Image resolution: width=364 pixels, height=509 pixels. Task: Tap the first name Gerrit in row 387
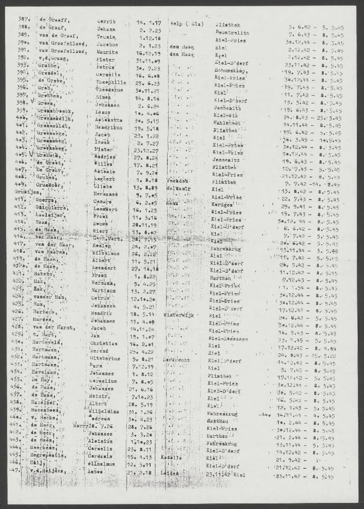[x=107, y=22]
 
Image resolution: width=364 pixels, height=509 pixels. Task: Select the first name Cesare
[x=105, y=214]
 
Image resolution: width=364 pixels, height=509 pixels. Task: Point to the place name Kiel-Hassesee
[x=229, y=338]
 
